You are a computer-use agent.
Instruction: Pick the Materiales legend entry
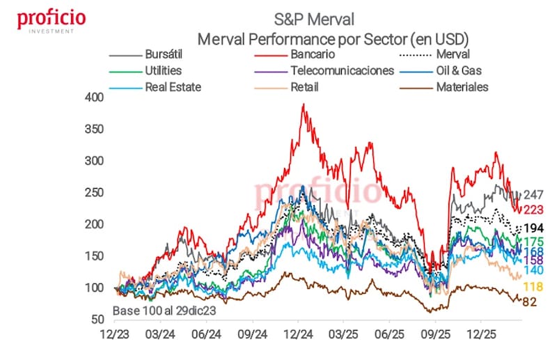462,87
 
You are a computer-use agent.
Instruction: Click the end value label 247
533,195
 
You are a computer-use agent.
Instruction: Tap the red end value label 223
533,210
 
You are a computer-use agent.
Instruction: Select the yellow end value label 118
533,287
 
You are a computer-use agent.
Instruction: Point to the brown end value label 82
531,302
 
